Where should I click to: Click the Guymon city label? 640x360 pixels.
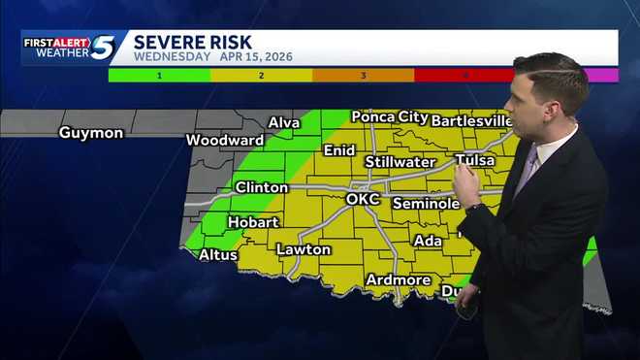click(91, 132)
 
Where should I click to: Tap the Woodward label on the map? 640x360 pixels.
click(225, 140)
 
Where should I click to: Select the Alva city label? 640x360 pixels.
click(284, 122)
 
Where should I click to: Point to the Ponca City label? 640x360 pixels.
click(386, 116)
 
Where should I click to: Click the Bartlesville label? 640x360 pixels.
click(470, 120)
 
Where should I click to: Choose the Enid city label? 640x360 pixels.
click(339, 150)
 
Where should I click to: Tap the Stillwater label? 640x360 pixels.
click(400, 161)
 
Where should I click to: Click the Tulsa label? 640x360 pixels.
click(474, 160)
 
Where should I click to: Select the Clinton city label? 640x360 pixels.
click(261, 186)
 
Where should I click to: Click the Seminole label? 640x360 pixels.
click(426, 204)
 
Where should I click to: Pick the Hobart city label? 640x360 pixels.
click(253, 222)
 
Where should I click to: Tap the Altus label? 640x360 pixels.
click(217, 255)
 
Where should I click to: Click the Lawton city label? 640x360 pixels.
click(304, 249)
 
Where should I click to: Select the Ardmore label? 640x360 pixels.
click(398, 279)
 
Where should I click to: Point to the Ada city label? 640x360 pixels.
click(427, 241)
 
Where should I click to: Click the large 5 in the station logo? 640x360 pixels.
click(103, 47)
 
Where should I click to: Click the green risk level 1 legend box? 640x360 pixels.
click(159, 75)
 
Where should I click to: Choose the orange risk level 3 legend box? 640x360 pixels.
click(363, 75)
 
